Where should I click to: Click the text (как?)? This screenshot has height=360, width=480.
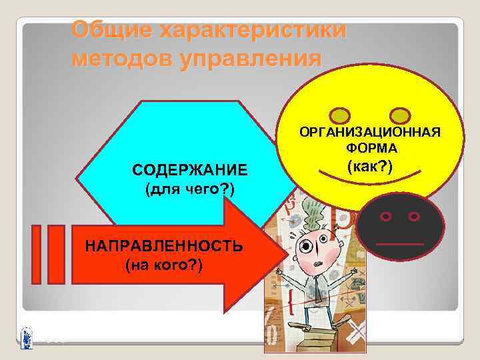click(371, 165)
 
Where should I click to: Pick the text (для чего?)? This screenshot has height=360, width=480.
click(189, 191)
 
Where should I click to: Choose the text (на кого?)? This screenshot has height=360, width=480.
click(164, 265)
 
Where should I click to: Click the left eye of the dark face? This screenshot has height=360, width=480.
click(385, 217)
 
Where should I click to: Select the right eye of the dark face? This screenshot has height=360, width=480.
click(414, 217)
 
